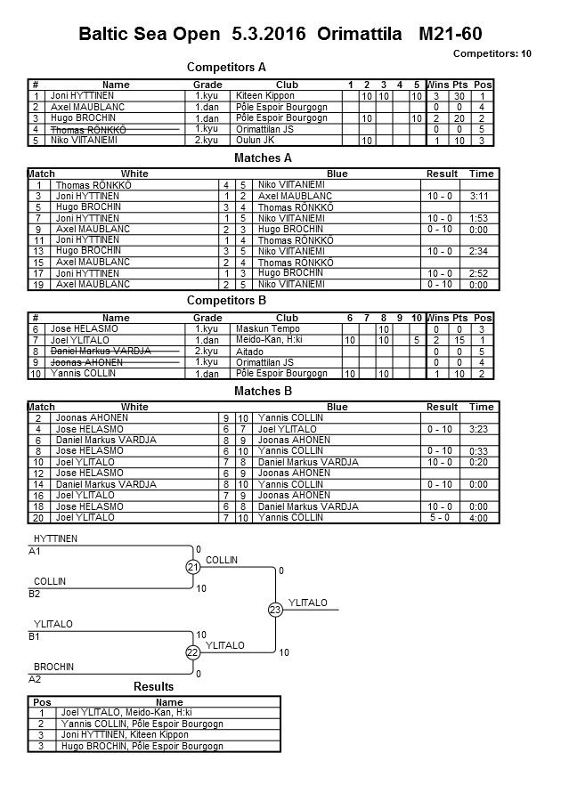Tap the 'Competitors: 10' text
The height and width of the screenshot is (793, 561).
click(492, 54)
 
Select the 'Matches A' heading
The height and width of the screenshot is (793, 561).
click(263, 158)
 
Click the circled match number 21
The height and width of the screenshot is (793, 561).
click(193, 567)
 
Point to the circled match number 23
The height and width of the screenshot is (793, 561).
click(275, 610)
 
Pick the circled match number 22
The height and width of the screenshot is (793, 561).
click(193, 652)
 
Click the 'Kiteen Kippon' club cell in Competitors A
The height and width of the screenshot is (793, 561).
click(264, 96)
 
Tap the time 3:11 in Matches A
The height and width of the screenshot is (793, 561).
click(482, 196)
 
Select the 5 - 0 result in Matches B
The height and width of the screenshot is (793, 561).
click(442, 517)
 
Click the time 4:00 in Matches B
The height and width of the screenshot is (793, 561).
click(482, 517)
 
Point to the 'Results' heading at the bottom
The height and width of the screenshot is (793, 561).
click(153, 687)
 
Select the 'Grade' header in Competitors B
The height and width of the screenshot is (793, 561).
click(207, 318)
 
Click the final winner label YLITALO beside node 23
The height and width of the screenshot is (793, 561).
click(308, 603)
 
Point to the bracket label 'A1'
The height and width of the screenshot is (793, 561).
click(36, 551)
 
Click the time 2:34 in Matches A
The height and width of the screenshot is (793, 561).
click(482, 251)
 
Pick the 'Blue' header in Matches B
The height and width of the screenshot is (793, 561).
click(337, 407)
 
